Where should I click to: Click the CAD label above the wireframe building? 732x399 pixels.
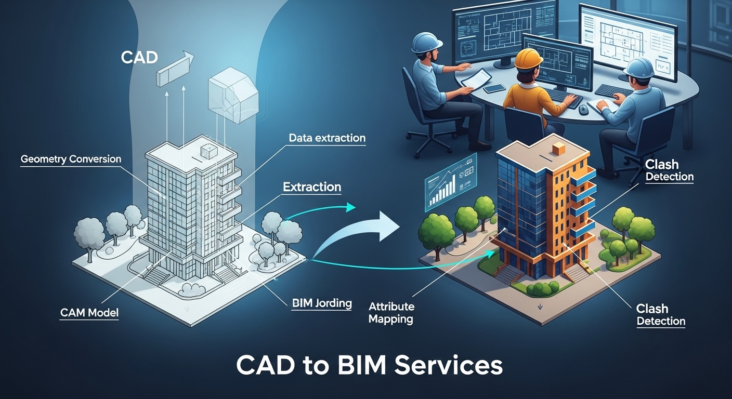(x=139, y=57)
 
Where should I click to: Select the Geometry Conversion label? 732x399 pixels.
(x=71, y=159)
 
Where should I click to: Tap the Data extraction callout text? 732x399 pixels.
(x=327, y=138)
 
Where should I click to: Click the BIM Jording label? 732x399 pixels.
(x=321, y=302)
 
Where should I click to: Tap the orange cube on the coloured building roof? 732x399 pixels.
(x=558, y=149)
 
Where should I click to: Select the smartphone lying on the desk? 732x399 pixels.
(x=494, y=88)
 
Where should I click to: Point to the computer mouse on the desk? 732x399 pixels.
(x=583, y=110)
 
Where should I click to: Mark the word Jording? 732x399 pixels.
(x=334, y=302)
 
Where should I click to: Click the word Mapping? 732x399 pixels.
(x=390, y=319)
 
